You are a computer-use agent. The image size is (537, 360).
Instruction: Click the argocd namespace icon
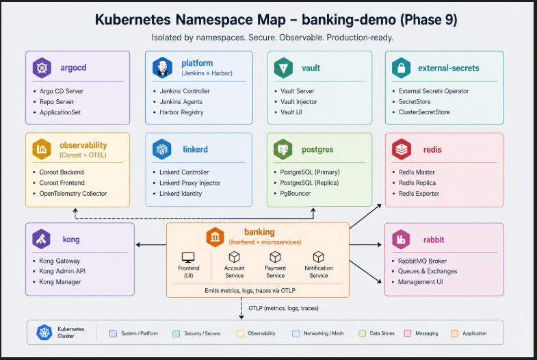tap(42, 68)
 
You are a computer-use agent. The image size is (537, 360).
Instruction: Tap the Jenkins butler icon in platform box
tap(162, 68)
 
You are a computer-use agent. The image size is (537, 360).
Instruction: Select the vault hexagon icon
tap(283, 68)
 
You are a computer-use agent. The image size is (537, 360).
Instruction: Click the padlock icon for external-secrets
tap(401, 68)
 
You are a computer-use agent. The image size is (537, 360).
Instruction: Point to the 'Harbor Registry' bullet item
tap(181, 112)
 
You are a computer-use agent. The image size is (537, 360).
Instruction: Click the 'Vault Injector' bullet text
tap(299, 102)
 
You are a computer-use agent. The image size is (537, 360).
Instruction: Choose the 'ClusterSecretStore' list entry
tap(424, 112)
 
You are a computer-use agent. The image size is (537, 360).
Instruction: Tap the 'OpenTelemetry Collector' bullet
tap(73, 194)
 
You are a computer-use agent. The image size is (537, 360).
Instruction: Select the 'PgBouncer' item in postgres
tap(296, 194)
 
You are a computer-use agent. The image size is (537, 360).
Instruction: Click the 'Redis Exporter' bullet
tap(419, 194)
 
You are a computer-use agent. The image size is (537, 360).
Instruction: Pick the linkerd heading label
tap(195, 149)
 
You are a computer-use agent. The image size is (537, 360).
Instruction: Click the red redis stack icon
tap(402, 149)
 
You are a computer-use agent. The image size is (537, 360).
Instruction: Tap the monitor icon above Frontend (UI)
tap(188, 257)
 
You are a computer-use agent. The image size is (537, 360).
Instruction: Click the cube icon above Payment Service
tap(275, 257)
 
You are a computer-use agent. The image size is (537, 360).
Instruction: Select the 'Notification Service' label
tap(319, 272)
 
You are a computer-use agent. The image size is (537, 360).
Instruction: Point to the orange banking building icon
tap(215, 237)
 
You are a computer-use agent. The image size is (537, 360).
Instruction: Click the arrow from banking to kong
tap(151, 244)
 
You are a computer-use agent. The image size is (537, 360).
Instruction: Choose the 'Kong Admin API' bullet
tap(62, 271)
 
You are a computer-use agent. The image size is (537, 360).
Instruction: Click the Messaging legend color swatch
tap(408, 333)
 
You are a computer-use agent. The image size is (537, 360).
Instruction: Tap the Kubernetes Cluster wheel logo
tap(44, 333)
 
